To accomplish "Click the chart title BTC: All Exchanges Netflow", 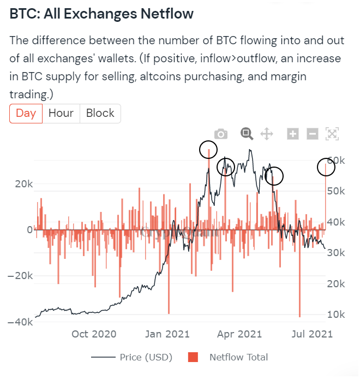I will pyautogui.click(x=101, y=14).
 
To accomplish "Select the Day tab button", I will pyautogui.click(x=26, y=114).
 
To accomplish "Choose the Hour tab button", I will pyautogui.click(x=61, y=114).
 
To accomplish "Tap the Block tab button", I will pyautogui.click(x=100, y=114).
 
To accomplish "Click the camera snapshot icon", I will pyautogui.click(x=221, y=134).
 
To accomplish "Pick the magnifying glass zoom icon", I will pyautogui.click(x=247, y=134).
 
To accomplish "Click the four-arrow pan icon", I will pyautogui.click(x=267, y=134).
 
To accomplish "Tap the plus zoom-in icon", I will pyautogui.click(x=293, y=134).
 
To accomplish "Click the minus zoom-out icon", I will pyautogui.click(x=313, y=134).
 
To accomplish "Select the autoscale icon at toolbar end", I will pyautogui.click(x=332, y=134).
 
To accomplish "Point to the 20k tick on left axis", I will pyautogui.click(x=23, y=184).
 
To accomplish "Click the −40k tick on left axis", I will pyautogui.click(x=20, y=322).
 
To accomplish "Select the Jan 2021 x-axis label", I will pyautogui.click(x=168, y=334).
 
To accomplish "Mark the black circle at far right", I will pyautogui.click(x=326, y=168).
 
